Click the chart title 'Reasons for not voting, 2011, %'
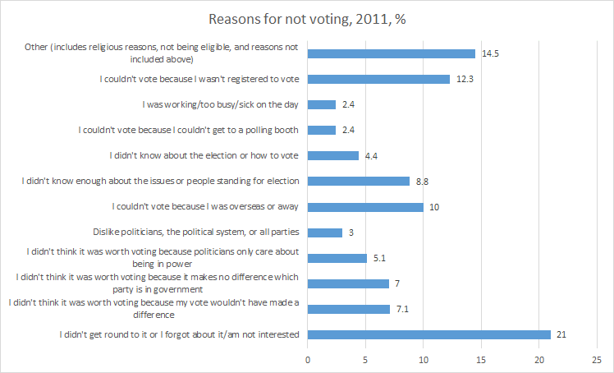[306, 19]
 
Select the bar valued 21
[429, 334]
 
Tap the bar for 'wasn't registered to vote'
[378, 79]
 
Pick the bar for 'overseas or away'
[365, 207]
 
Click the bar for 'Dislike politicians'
[325, 233]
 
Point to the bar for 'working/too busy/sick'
[322, 104]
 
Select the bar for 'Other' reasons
[392, 53]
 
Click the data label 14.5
[490, 53]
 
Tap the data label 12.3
[464, 79]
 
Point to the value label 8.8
[424, 182]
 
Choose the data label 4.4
[373, 156]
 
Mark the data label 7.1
[404, 309]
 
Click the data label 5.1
[381, 258]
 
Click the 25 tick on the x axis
[597, 359]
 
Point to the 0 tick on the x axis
[308, 359]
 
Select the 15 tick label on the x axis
[481, 359]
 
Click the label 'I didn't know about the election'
[203, 155]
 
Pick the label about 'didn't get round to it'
[178, 334]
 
